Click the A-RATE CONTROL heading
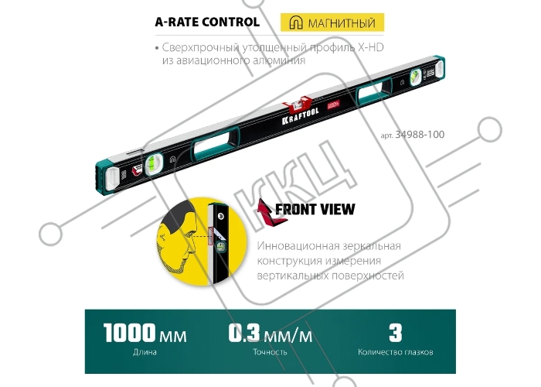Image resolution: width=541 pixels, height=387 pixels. click(207, 22)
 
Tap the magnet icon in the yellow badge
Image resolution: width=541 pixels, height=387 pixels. click(296, 22)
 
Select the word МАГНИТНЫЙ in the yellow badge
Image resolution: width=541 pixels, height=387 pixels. click(342, 23)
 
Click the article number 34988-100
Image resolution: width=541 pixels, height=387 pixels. click(420, 135)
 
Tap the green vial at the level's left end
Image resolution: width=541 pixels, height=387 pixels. click(151, 164)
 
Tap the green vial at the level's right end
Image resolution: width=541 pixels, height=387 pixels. click(415, 77)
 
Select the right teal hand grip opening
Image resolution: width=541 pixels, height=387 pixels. click(374, 90)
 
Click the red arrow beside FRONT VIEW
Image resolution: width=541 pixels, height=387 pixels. click(270, 212)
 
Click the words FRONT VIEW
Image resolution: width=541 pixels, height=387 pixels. click(315, 209)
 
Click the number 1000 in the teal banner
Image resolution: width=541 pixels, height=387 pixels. click(130, 332)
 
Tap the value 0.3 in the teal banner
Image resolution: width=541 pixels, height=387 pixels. click(244, 332)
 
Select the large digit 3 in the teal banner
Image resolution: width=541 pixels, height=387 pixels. click(396, 332)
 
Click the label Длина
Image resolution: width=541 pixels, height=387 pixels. click(145, 352)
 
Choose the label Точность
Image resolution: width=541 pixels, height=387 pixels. click(270, 352)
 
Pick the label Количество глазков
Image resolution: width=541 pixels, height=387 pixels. click(396, 352)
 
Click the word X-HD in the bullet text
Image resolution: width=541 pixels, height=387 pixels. click(370, 47)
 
